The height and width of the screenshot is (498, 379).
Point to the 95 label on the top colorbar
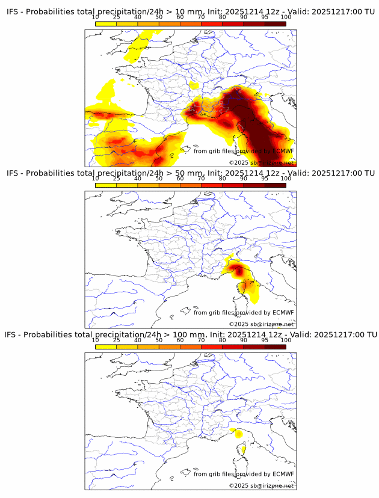click(265, 17)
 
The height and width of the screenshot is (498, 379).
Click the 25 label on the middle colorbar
click(116, 178)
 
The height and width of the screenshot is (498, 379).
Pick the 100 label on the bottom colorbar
click(286, 339)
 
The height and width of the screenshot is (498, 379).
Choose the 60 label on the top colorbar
click(180, 17)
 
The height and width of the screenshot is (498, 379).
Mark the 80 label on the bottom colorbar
click(222, 339)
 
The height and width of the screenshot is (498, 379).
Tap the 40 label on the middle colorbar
click(138, 178)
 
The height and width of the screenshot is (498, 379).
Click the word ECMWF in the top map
click(283, 151)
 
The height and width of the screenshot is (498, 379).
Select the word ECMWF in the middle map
click(283, 312)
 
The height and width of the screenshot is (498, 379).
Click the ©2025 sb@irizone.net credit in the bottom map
click(261, 485)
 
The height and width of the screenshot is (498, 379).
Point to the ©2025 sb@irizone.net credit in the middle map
click(261, 324)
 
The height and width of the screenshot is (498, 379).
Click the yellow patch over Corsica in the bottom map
click(244, 448)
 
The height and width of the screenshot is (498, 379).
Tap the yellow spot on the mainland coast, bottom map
click(238, 433)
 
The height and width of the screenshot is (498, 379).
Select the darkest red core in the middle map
click(240, 271)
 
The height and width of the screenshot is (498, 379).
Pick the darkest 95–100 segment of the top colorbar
click(275, 23)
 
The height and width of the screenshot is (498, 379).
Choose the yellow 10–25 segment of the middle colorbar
click(106, 185)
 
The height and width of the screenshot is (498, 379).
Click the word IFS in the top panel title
click(13, 12)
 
